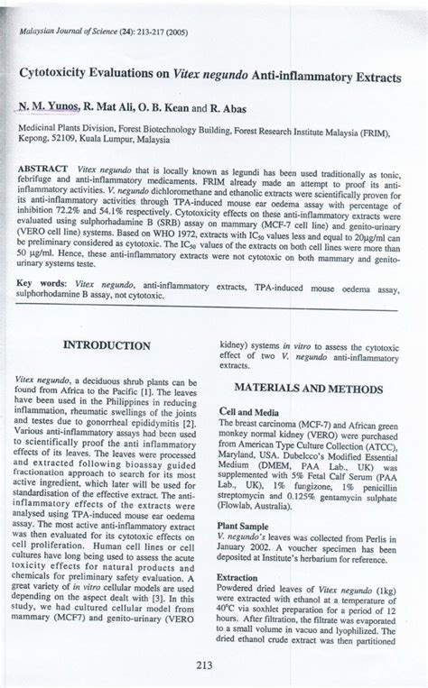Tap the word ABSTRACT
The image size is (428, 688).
pyautogui.click(x=43, y=170)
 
